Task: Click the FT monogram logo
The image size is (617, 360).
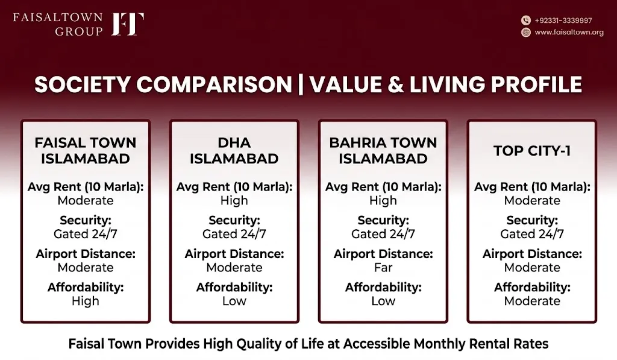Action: coord(128,24)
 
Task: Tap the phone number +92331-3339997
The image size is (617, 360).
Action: coord(563,21)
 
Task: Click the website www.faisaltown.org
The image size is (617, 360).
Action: coord(569,33)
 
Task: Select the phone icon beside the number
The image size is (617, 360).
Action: coord(525,21)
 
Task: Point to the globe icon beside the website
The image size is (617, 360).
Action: coord(525,33)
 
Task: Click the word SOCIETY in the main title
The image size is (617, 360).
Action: coord(82,84)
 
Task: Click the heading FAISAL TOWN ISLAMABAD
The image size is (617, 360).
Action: coord(86,151)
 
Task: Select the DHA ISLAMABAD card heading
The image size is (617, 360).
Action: coord(234,151)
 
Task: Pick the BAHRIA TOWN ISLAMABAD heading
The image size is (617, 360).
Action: coord(383,151)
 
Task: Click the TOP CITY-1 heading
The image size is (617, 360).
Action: coord(532,151)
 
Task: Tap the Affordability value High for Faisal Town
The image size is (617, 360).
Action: coord(86,302)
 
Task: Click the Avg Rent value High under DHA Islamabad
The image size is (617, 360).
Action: coord(234,200)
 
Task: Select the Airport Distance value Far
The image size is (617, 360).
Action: coord(383,268)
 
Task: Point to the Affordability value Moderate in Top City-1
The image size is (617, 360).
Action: coord(532,302)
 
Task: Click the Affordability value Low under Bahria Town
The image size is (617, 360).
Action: coord(383,302)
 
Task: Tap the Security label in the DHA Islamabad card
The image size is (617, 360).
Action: coord(234,220)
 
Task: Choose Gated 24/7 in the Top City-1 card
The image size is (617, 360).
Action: coord(532,234)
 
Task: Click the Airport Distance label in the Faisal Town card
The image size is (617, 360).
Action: coord(86,254)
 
